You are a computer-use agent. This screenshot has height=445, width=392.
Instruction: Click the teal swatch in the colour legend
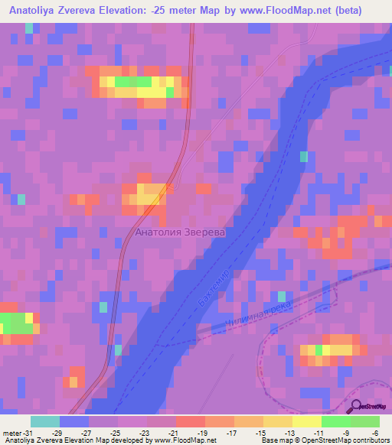tap(44, 421)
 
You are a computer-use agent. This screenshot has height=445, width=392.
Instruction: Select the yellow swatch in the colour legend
tap(305, 421)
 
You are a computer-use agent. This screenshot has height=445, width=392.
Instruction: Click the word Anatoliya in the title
tap(38, 11)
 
